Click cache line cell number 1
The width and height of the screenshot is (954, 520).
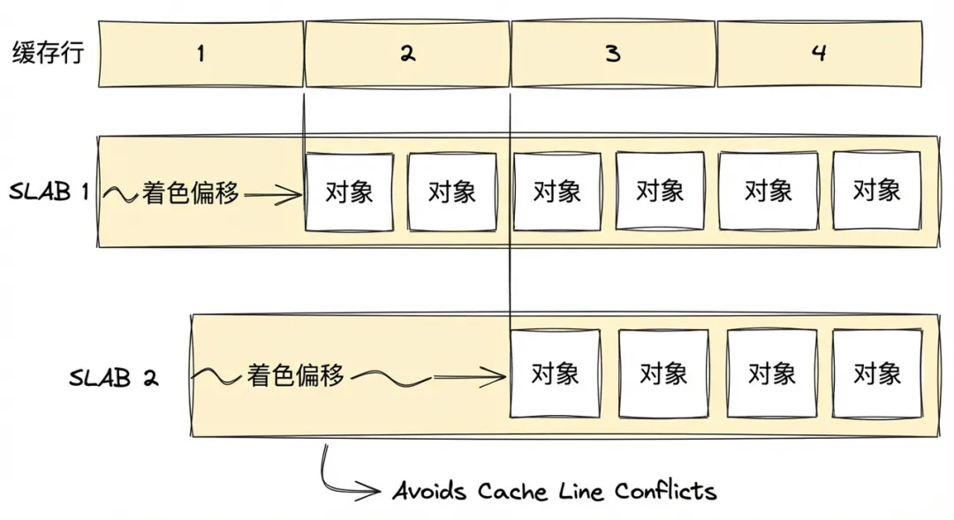point(201,54)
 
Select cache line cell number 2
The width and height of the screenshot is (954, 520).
point(407,54)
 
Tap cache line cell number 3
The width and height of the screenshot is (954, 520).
point(613,54)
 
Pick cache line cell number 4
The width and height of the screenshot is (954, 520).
point(819,54)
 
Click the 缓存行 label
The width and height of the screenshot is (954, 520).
point(49,53)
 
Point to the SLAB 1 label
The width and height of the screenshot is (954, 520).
point(49,192)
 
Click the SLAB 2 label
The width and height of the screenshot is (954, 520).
point(114,378)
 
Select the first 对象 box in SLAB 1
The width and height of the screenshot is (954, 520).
point(349,192)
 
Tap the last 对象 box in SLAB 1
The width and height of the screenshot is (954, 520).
point(876,191)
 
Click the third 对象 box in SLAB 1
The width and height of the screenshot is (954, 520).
point(556,192)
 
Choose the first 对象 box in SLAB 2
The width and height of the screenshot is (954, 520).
point(555,373)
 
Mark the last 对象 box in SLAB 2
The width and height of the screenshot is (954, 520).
point(876,373)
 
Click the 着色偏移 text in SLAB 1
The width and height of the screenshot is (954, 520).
point(191,193)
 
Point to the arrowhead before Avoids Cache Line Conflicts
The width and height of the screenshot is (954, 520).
point(375,490)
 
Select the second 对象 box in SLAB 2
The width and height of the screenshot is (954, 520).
point(662,373)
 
